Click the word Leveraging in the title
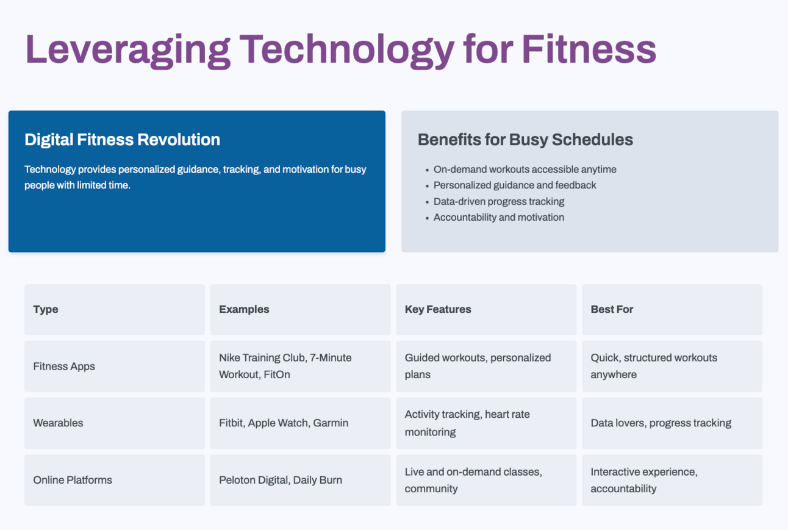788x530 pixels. [127, 49]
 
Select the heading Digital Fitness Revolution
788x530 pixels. [122, 140]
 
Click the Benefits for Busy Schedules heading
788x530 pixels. [525, 140]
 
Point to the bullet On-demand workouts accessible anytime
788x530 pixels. [525, 170]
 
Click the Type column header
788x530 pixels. [46, 309]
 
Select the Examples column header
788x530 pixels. [244, 309]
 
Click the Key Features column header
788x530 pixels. [438, 309]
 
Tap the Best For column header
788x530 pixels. [612, 309]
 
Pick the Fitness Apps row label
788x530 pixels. [64, 367]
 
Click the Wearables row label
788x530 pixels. [58, 423]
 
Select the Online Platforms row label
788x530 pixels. [73, 480]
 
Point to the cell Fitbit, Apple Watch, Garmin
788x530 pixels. [284, 423]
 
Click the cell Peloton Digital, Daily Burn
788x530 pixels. [281, 480]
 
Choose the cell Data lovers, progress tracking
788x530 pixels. [661, 423]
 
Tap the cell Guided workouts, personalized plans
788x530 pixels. [478, 366]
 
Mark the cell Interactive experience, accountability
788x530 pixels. [644, 480]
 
